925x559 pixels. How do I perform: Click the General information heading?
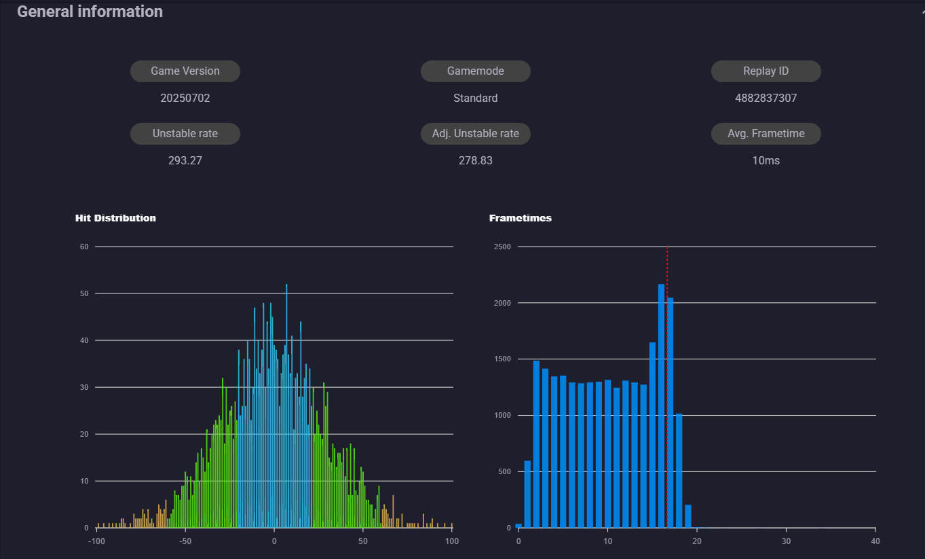[90, 12]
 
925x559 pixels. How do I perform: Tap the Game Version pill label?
[185, 71]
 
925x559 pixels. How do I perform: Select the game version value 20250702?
[185, 98]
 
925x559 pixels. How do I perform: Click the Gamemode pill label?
[475, 71]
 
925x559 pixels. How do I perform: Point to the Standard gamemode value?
[475, 98]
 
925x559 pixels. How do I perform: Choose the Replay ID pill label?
[766, 71]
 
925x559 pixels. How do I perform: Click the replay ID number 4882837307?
[766, 98]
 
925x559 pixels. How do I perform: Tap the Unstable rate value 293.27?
[185, 160]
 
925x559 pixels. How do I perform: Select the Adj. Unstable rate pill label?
[475, 133]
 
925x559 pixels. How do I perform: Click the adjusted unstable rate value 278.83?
[475, 160]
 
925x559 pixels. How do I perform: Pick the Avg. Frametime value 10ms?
[766, 160]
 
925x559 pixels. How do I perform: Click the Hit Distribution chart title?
[115, 218]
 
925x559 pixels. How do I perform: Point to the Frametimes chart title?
[521, 218]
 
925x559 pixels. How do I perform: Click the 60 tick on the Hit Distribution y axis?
[84, 247]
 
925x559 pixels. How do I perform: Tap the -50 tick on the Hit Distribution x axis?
[185, 541]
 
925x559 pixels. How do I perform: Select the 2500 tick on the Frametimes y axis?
[502, 247]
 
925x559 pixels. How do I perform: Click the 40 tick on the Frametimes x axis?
[875, 541]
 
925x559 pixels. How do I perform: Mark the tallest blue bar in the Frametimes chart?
[661, 405]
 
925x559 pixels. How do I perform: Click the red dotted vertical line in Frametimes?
[667, 387]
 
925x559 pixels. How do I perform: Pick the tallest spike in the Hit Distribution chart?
[286, 405]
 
